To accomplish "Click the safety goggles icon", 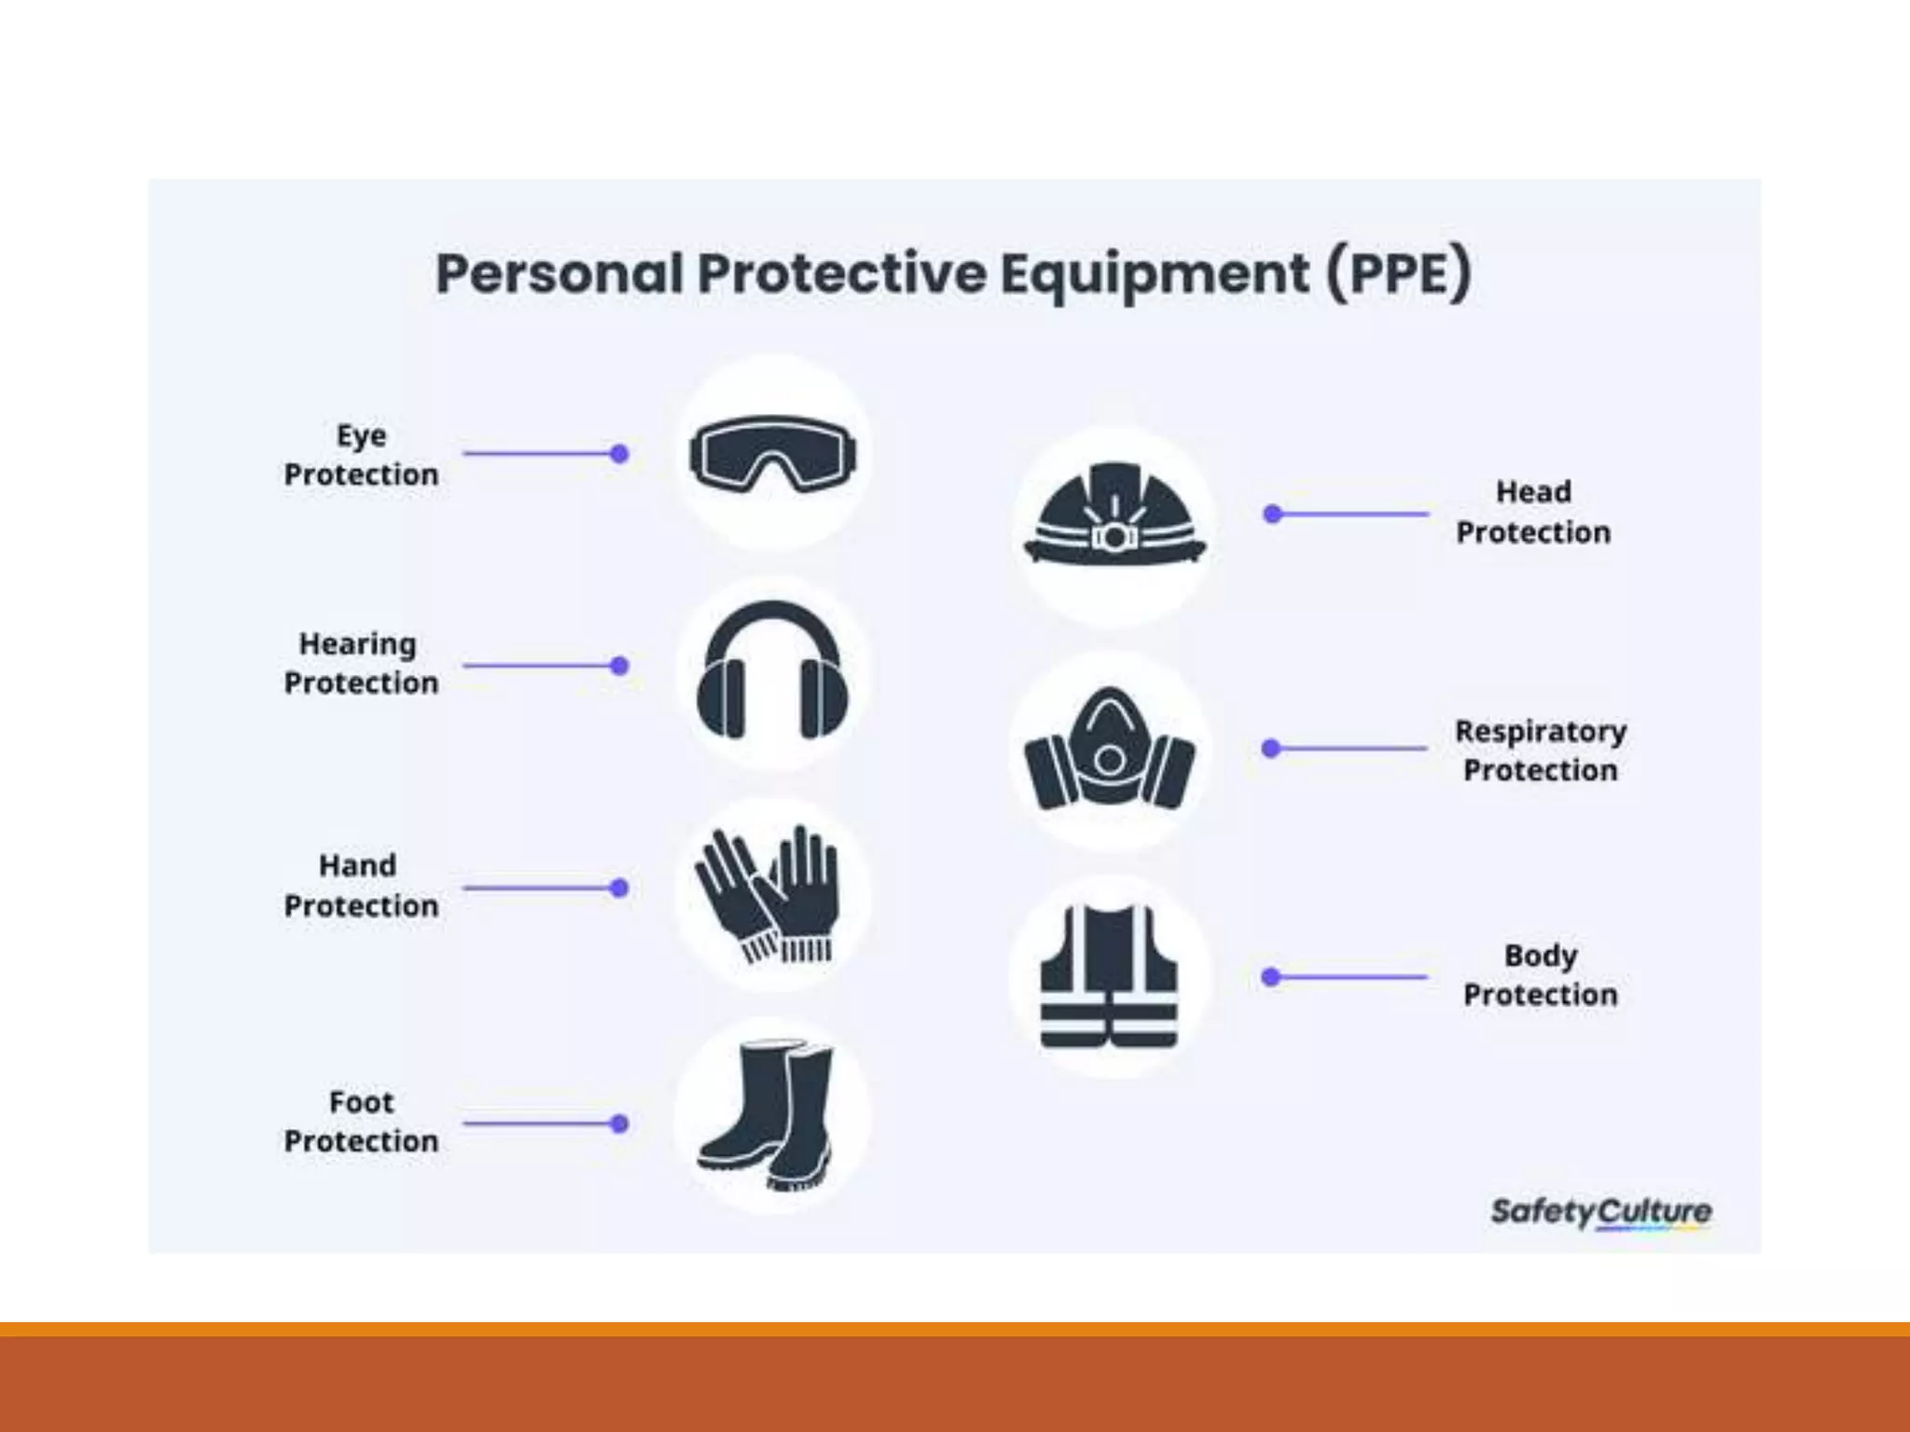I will tap(772, 454).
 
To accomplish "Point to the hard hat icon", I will tap(1114, 515).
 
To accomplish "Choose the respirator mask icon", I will tap(1110, 751).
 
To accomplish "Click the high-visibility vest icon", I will tap(1110, 977).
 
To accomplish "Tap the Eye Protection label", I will tap(361, 455).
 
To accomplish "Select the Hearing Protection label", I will tap(361, 663).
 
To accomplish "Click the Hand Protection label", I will tap(361, 886).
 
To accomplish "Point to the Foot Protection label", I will tap(361, 1122).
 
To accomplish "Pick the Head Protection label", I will tap(1533, 512).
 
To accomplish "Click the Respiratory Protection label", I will tap(1540, 750).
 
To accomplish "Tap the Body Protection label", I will tap(1540, 975).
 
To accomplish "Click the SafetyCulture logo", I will tap(1600, 1212).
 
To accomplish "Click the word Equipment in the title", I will tap(1155, 275).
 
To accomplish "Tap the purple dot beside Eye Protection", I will tap(619, 454).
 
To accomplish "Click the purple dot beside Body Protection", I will tap(1270, 977).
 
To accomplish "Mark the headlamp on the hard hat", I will tap(1113, 536).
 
